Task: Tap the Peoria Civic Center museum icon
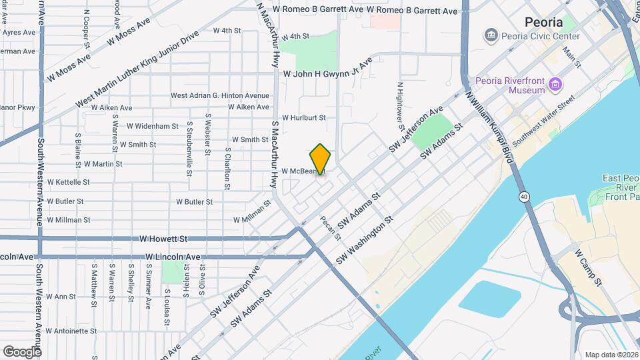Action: coord(491,35)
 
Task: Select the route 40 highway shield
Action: coord(523,197)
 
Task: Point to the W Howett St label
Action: coord(164,239)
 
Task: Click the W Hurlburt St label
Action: coord(303,117)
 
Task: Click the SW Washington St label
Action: coord(364,241)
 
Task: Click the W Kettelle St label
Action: coord(68,182)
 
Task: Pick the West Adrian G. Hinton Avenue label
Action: coord(220,96)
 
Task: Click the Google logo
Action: coord(22,351)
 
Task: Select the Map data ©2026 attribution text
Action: coord(611,354)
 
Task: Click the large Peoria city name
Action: coord(544,22)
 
